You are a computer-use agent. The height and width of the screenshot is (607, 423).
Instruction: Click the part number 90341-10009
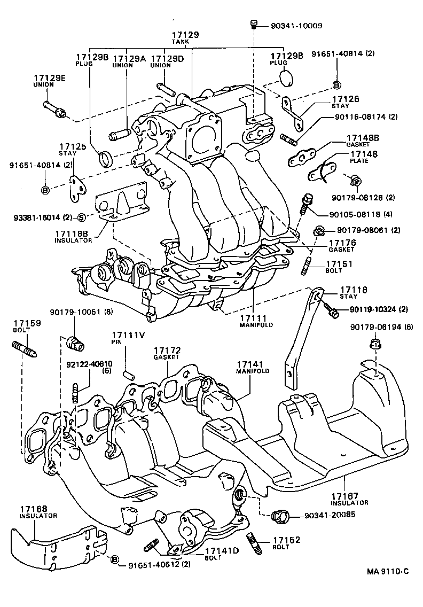(292, 25)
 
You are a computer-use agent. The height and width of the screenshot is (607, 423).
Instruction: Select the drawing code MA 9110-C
(388, 572)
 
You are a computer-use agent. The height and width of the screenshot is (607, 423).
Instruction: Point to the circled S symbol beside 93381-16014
(81, 217)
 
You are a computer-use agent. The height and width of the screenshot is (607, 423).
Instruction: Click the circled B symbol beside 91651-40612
(114, 559)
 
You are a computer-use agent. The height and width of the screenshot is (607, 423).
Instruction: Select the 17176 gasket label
(342, 245)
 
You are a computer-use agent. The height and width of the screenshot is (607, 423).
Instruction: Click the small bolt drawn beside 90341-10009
(254, 24)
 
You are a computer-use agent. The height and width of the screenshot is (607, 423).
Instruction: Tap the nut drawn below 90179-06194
(375, 344)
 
